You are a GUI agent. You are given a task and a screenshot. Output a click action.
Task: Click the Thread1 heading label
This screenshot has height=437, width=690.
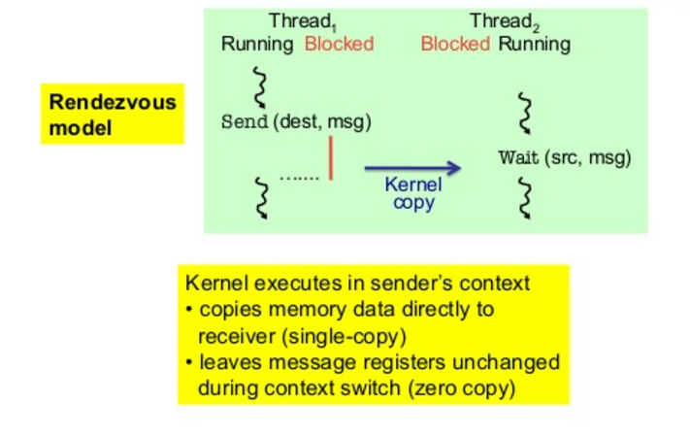[303, 21]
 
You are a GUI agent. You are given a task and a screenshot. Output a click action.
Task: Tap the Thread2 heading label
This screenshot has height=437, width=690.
[505, 21]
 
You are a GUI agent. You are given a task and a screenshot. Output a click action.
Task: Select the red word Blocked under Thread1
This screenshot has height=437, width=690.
[339, 44]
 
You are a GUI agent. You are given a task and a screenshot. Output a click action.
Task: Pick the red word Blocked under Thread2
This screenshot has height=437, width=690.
[455, 44]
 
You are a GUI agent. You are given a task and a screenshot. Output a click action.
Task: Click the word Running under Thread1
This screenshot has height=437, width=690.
[257, 45]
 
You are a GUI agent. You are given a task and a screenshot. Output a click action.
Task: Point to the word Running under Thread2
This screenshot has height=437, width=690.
[534, 45]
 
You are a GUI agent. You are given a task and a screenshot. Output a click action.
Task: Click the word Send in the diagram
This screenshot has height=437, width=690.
[245, 121]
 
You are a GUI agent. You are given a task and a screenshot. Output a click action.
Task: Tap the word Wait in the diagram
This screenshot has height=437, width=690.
[518, 157]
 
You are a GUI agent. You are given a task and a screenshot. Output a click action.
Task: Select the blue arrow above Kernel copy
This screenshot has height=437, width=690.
[412, 168]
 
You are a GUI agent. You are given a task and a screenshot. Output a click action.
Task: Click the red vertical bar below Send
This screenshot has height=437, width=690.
[331, 158]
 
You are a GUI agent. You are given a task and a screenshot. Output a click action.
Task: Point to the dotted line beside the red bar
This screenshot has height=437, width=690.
[299, 179]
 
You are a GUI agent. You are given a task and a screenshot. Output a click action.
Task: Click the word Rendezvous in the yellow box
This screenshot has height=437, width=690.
[113, 102]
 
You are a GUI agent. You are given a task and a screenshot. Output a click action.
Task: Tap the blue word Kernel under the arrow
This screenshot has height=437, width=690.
[413, 185]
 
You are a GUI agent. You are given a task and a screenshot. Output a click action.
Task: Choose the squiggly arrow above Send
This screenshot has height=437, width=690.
[260, 87]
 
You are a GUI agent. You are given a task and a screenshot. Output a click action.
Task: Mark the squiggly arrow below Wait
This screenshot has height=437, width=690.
[525, 198]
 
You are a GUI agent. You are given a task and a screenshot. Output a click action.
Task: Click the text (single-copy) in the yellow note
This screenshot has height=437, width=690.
[344, 337]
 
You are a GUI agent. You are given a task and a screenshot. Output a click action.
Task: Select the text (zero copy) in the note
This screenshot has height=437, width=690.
[461, 388]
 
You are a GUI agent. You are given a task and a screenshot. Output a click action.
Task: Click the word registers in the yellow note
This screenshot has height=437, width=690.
[398, 363]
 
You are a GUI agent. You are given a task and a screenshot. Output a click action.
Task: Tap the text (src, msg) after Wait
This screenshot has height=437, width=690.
[588, 157]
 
